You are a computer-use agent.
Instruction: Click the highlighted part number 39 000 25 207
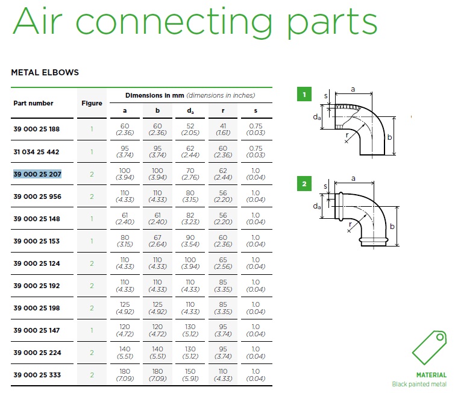(37, 174)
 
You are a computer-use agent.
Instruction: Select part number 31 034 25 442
(36, 152)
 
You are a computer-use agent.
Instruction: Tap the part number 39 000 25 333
(37, 375)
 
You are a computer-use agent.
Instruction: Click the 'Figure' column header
(92, 103)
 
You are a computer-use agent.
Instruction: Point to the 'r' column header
(223, 111)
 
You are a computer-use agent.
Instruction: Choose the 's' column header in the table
(256, 111)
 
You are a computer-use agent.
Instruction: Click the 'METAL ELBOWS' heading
(45, 72)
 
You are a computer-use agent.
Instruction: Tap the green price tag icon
(429, 348)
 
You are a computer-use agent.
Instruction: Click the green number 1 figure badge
(304, 95)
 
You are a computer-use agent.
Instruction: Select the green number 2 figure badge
(304, 184)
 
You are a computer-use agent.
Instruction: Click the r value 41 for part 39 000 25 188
(223, 126)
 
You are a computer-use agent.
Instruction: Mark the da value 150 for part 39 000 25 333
(190, 371)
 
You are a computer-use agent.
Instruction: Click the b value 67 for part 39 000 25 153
(157, 237)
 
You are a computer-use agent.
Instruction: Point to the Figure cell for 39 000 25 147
(92, 330)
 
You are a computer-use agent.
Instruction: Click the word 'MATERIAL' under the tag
(431, 375)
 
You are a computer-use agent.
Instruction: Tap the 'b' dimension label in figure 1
(389, 137)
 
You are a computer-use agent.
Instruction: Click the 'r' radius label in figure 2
(350, 224)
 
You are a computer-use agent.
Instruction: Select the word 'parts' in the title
(332, 22)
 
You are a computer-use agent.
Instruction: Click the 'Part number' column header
(33, 103)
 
